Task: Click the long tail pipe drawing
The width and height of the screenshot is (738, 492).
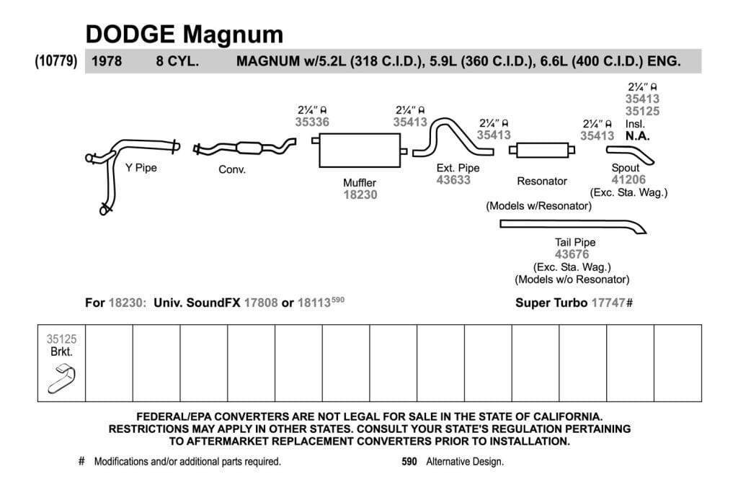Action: coord(572,224)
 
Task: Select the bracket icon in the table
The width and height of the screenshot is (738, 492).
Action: coord(62,380)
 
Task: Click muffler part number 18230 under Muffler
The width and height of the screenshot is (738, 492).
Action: coord(360,194)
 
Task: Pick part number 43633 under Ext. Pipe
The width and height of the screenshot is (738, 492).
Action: coord(453,179)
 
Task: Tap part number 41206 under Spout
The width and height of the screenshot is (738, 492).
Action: coord(628,179)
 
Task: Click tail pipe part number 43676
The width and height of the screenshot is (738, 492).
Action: coord(572,254)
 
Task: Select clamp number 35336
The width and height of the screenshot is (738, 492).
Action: coord(312,122)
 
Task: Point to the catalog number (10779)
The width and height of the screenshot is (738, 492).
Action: coord(56,61)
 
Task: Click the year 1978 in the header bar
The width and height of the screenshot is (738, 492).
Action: coord(107,61)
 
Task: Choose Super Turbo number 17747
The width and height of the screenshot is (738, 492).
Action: coord(608,303)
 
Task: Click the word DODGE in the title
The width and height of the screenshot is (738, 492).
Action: coord(130,35)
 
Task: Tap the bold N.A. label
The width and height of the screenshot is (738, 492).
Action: coord(637,136)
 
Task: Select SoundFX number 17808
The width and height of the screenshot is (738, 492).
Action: coord(261,303)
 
